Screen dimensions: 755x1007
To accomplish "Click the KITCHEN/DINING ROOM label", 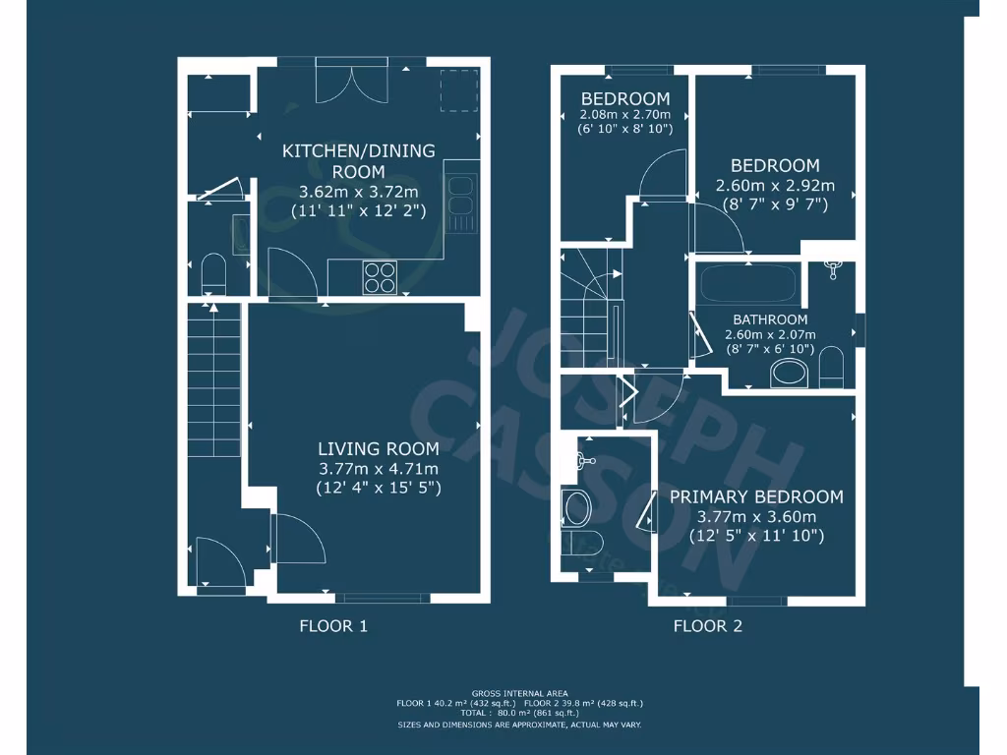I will click(358, 161).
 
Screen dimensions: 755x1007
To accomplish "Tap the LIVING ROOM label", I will click(379, 448).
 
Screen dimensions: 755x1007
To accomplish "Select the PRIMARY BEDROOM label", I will click(756, 497).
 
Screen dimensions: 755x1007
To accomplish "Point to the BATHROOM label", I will click(770, 319).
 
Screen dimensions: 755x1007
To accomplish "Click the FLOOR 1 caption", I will click(333, 626).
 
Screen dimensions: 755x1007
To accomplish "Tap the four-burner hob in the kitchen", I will click(382, 276).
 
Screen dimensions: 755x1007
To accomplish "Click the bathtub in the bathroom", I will click(747, 286).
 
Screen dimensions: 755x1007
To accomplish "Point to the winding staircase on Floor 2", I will click(588, 305).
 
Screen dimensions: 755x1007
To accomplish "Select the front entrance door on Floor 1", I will click(219, 562).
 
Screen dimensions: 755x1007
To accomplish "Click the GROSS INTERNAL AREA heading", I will click(519, 693).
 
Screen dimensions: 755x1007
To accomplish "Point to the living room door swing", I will click(296, 538).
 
